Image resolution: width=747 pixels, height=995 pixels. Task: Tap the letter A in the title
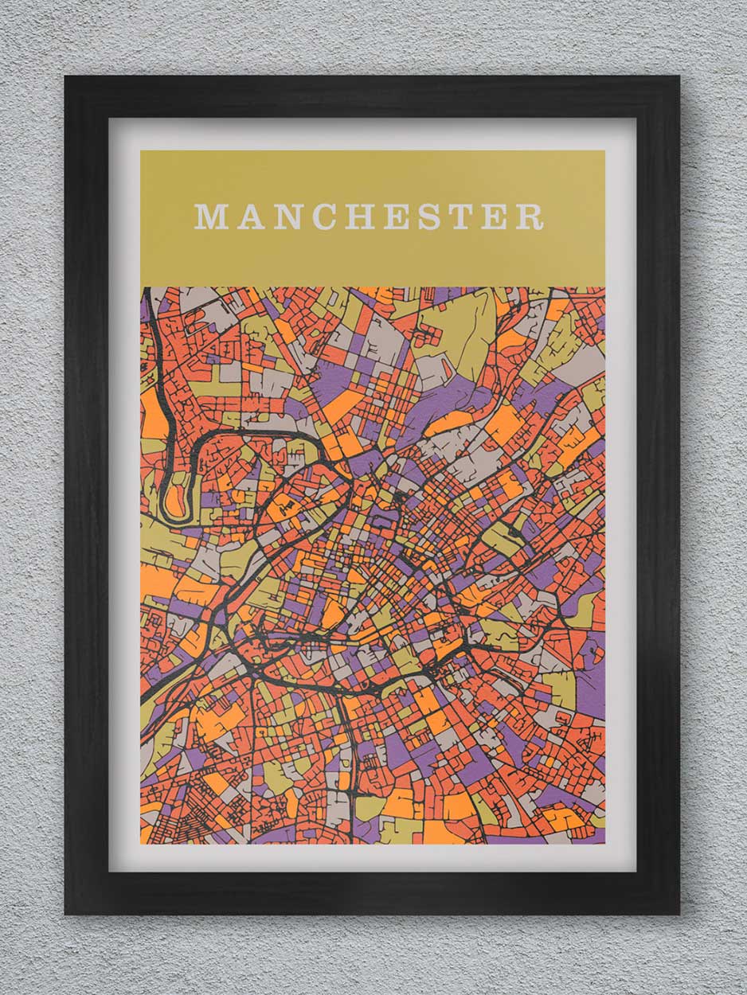(x=250, y=217)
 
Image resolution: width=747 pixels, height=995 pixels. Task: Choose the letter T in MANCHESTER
(x=461, y=217)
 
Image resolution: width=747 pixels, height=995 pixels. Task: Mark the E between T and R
(x=495, y=217)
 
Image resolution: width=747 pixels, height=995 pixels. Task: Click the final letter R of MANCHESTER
(x=530, y=217)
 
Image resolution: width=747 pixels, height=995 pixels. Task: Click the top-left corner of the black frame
(x=66, y=77)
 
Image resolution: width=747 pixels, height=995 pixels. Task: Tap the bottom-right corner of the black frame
(x=679, y=914)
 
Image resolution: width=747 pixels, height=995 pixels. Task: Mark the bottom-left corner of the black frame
(x=66, y=914)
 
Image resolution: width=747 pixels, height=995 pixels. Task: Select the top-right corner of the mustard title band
(x=604, y=151)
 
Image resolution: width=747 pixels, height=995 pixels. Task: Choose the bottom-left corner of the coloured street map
(x=141, y=843)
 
